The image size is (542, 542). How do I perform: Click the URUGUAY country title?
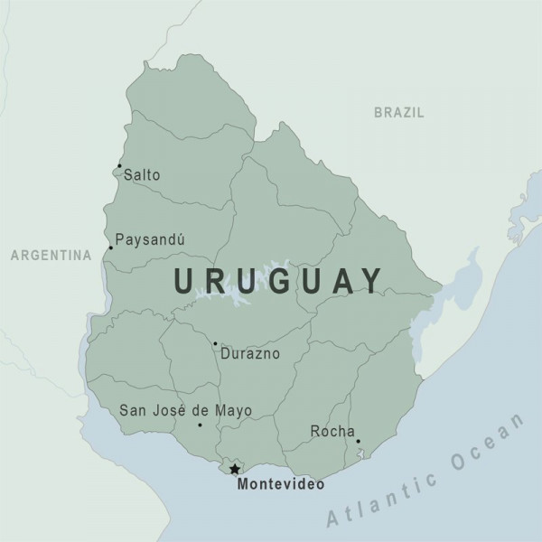pos(278,280)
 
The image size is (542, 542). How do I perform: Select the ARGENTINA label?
pos(51,256)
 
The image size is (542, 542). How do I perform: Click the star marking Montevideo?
pos(235,469)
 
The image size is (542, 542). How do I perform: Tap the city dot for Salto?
pos(119,165)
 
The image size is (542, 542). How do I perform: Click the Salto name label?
pos(142,174)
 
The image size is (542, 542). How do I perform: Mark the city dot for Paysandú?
pos(110,248)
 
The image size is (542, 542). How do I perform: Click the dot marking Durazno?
pos(215,343)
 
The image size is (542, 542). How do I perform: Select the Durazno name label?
pos(250,353)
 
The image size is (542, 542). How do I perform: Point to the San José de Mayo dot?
pos(200,425)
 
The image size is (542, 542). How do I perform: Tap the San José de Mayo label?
pos(185,411)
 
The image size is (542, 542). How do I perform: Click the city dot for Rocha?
pos(358,442)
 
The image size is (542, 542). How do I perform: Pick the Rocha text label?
pos(332,431)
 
